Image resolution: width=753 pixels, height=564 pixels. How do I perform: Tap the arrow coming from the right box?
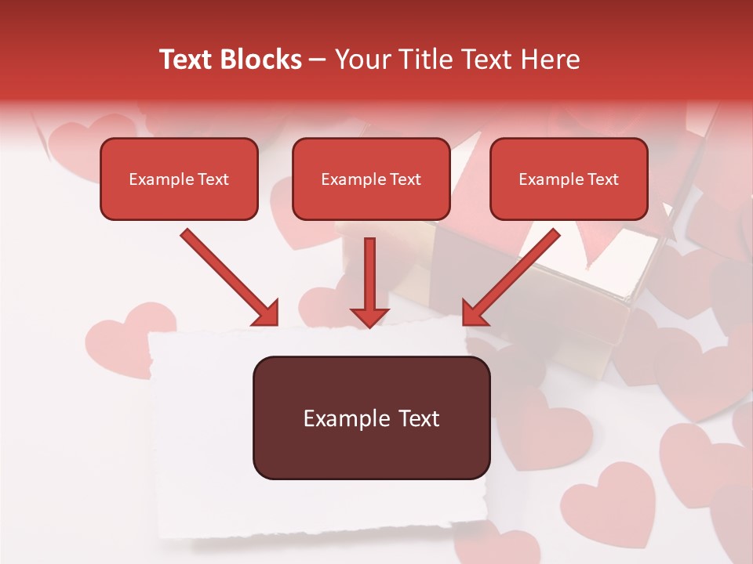[514, 274]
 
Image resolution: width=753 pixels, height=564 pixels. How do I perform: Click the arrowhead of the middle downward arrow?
[369, 316]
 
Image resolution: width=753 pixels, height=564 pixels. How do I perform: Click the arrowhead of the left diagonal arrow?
[267, 314]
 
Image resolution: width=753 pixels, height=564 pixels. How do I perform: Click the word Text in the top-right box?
[602, 179]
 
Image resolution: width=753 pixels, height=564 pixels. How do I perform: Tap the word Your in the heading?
[359, 60]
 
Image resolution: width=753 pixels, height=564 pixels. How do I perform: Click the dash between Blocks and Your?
[318, 60]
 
